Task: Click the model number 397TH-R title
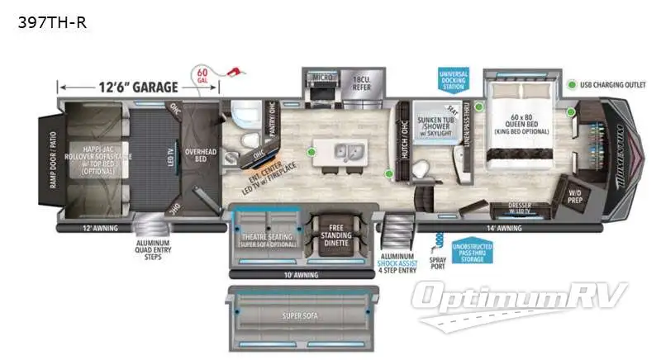click(52, 22)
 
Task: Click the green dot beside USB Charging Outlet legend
click(571, 85)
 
